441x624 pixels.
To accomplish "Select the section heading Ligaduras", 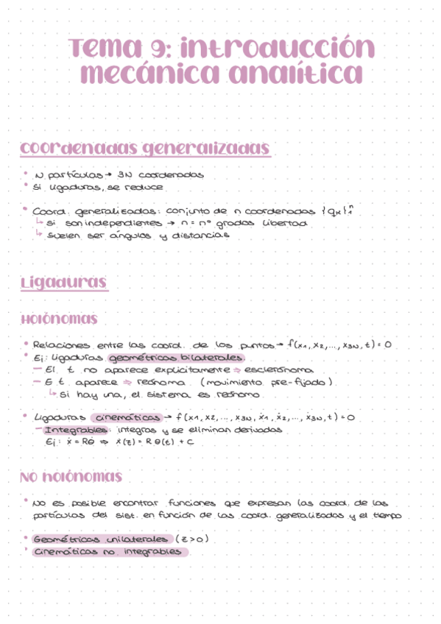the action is pyautogui.click(x=65, y=283).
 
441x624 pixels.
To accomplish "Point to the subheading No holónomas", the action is pyautogui.click(x=71, y=478).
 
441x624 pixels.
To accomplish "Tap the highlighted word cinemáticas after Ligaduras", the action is pyautogui.click(x=129, y=417).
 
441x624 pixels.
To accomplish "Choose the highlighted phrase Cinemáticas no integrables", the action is pyautogui.click(x=107, y=552).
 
